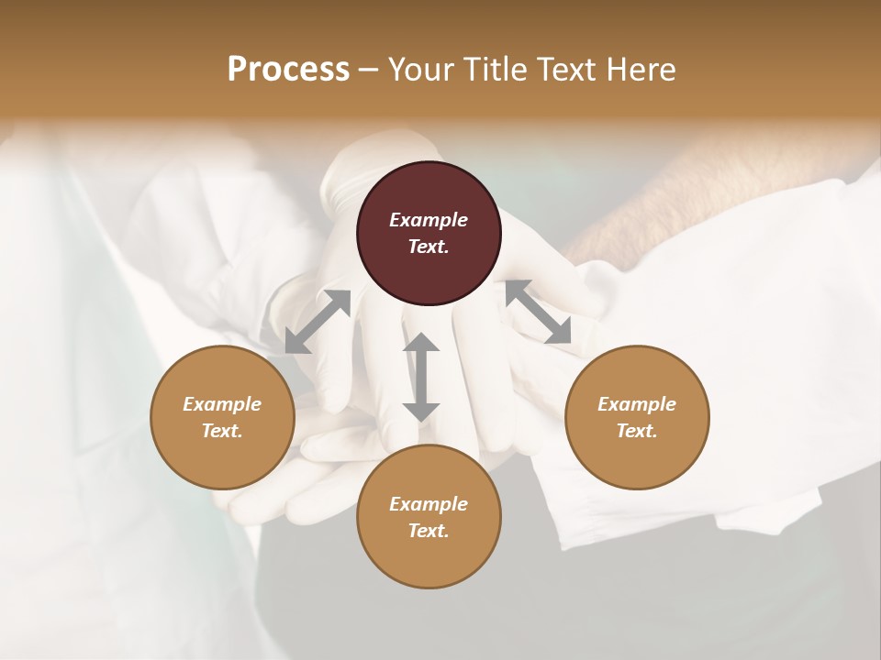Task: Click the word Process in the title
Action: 288,70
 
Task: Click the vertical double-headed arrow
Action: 421,377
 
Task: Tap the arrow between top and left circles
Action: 318,322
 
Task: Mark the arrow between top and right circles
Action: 538,313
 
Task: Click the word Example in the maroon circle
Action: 429,220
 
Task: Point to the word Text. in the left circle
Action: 222,431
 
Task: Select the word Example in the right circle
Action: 636,404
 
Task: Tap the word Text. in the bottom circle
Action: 429,531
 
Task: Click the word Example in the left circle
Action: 222,404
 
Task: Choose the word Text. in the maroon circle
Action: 429,247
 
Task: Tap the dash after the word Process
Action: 368,70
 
